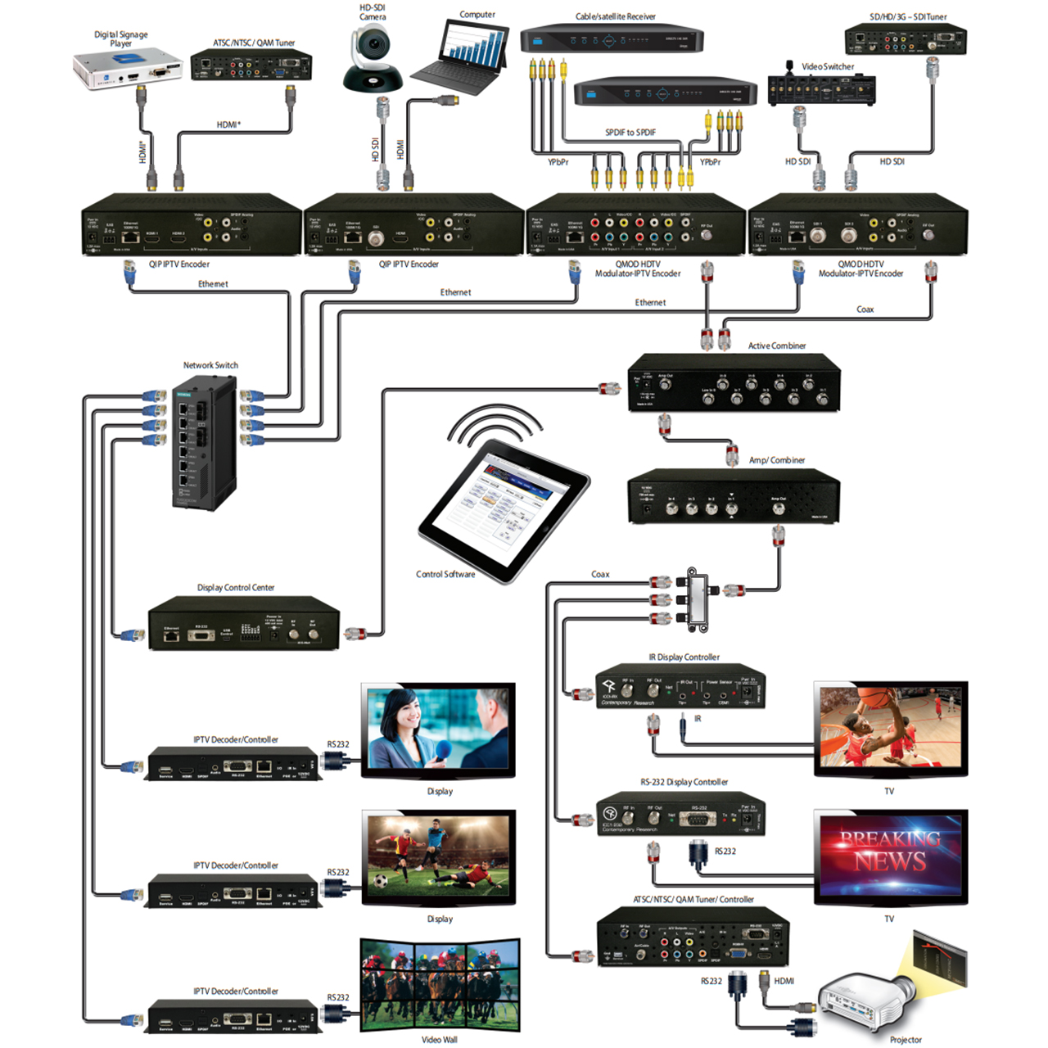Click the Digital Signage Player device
point(127,69)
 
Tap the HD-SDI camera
point(373,58)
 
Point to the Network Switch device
point(205,442)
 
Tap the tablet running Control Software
point(504,508)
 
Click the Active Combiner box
point(734,383)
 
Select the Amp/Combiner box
point(734,496)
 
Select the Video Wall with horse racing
point(440,985)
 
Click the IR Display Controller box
point(680,686)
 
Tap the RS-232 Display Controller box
point(680,813)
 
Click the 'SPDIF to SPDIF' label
point(630,133)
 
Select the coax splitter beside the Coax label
point(697,599)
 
